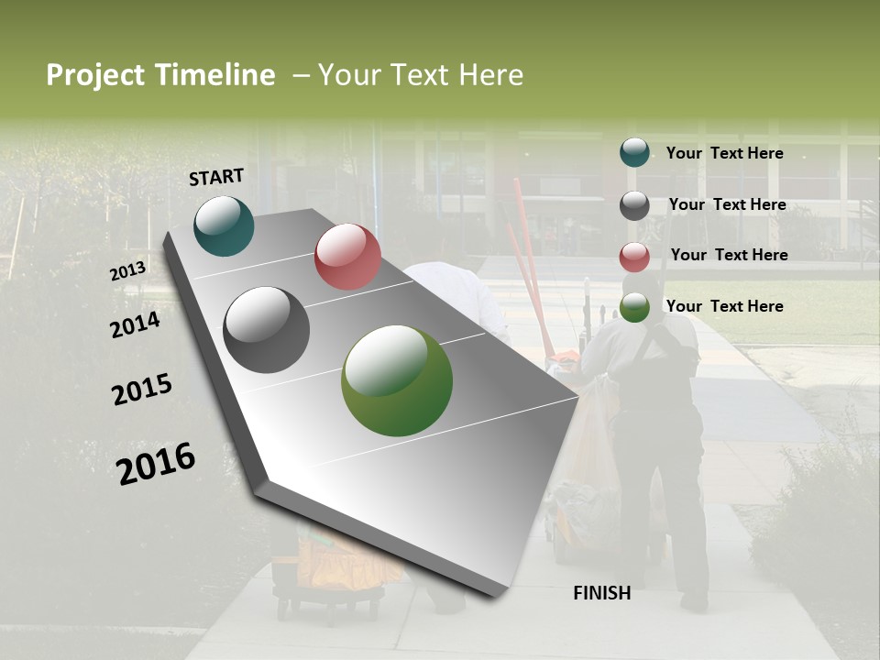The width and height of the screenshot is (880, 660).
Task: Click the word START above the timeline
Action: (x=216, y=177)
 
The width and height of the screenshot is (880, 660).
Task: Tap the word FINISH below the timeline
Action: (x=601, y=593)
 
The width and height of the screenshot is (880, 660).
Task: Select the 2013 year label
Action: (x=127, y=271)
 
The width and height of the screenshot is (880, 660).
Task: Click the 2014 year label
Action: (x=135, y=324)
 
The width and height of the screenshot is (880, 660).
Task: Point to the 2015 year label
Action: (x=142, y=390)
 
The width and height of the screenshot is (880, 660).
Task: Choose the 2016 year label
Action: (x=156, y=464)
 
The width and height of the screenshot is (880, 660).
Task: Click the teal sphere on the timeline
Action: (x=224, y=226)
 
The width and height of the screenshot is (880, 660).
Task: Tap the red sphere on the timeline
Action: (x=347, y=257)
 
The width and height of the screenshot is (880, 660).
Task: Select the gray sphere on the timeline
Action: (x=266, y=330)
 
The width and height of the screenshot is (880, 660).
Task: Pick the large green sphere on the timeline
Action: (x=397, y=380)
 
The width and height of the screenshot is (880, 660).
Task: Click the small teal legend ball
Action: (x=634, y=153)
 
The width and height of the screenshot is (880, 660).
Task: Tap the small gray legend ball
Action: (x=634, y=205)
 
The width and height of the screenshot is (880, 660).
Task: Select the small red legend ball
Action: (x=634, y=257)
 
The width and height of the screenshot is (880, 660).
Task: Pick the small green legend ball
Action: (x=634, y=308)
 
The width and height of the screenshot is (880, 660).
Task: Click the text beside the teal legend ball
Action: (x=724, y=153)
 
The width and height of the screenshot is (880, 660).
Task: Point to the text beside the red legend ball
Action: (x=729, y=255)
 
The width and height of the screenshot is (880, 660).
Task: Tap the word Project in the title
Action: (x=95, y=75)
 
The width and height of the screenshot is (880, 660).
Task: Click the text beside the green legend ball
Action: (x=724, y=306)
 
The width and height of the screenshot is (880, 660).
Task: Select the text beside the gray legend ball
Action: (x=727, y=204)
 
